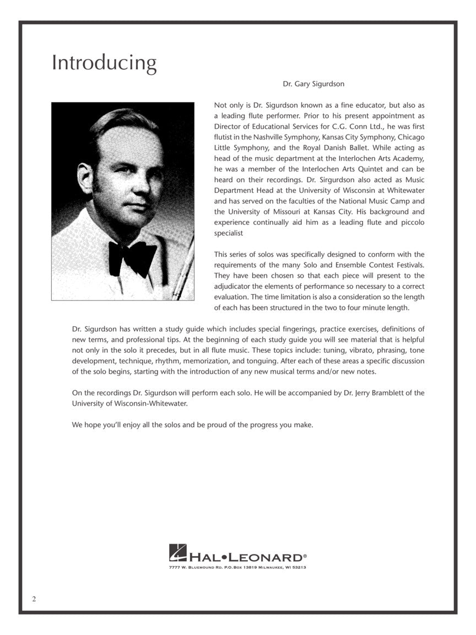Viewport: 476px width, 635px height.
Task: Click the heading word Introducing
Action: pos(104,63)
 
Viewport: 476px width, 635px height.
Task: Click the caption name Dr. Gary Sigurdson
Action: pos(313,84)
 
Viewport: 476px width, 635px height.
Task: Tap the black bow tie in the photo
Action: pos(132,257)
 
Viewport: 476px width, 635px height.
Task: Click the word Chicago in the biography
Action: pos(411,137)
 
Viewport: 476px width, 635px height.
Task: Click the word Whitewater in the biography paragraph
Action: pos(405,190)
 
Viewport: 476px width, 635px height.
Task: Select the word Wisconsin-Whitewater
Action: pos(151,403)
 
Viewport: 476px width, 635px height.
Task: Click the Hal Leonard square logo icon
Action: pos(177,553)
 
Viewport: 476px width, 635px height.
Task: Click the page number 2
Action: pos(34,599)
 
